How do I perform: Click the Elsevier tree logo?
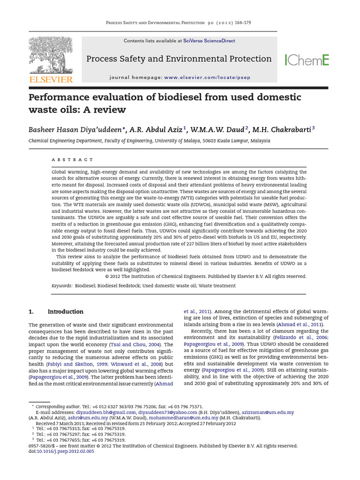(51, 55)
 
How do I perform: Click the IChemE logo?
(307, 60)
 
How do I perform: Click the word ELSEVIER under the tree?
(51, 79)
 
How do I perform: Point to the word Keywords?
(61, 285)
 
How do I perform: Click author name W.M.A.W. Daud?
(217, 129)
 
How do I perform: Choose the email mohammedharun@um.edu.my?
(188, 418)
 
